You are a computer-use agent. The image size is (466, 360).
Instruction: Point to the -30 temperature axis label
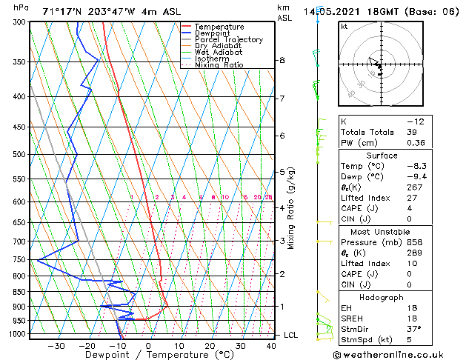56,345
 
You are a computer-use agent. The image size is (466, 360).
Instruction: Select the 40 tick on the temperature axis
271,345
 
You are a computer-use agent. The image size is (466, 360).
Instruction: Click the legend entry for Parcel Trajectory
228,39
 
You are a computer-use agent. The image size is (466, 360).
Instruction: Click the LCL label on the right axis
291,335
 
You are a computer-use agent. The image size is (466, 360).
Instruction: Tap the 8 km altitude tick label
282,60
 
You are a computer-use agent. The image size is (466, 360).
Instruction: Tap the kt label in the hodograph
344,26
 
